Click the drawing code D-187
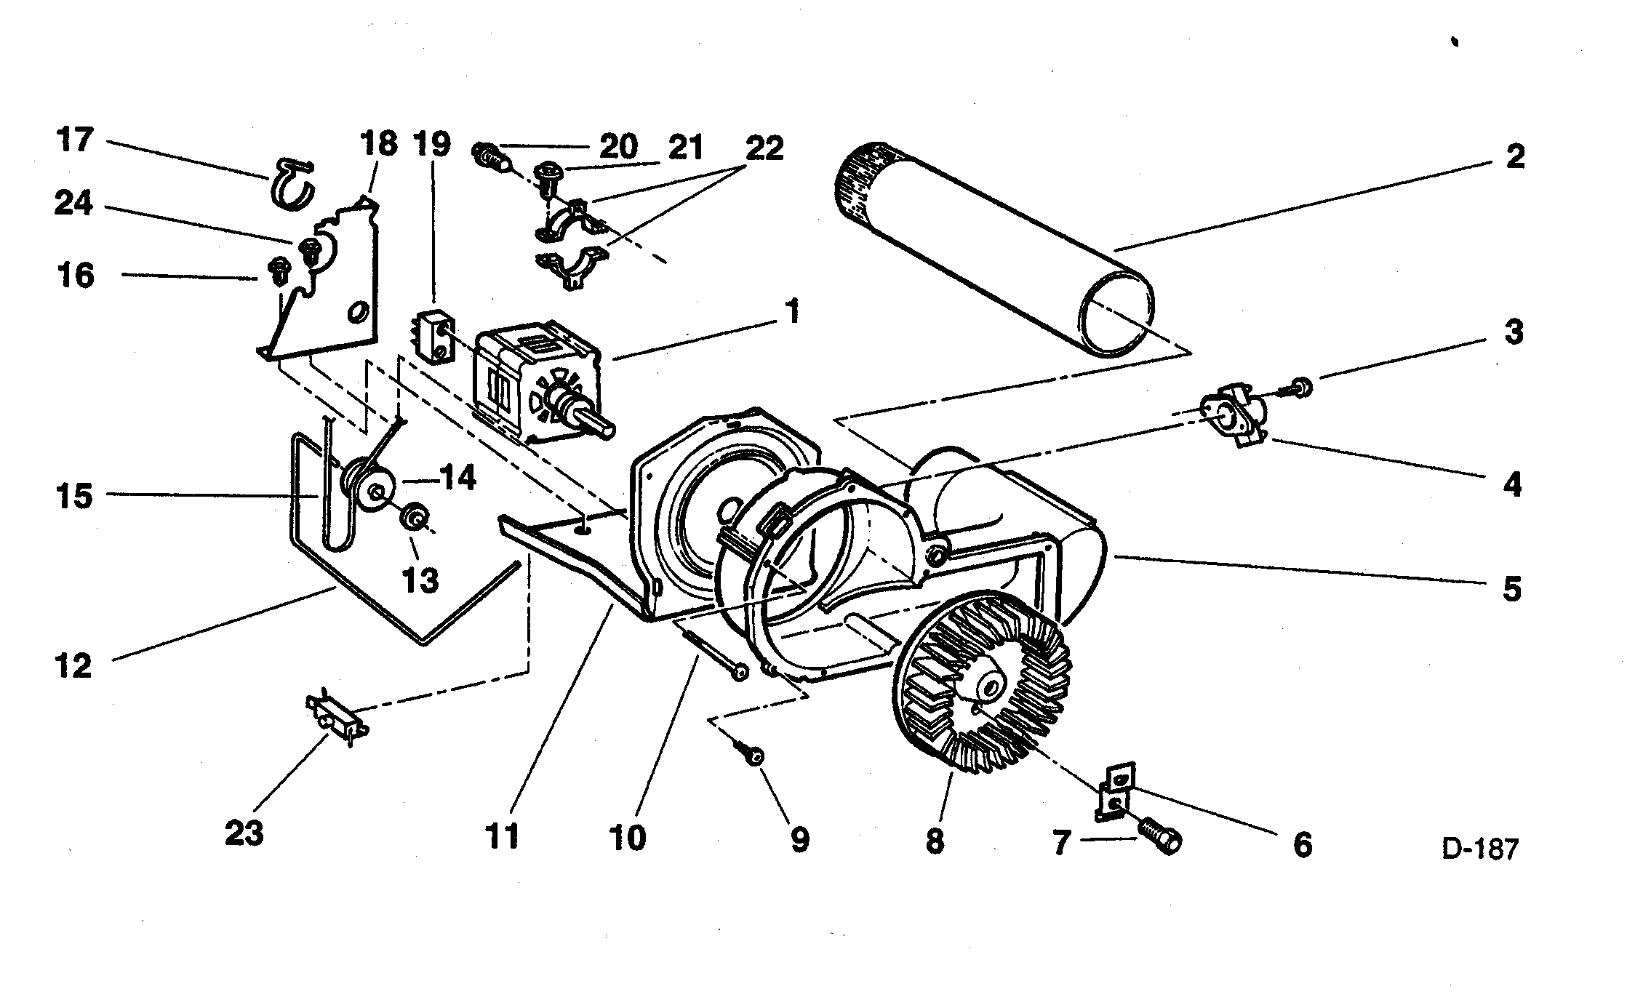click(1481, 849)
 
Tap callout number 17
click(75, 140)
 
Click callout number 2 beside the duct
click(1514, 156)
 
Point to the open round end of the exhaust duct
click(1116, 313)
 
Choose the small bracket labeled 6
click(1114, 791)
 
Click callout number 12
click(73, 665)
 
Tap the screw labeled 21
click(547, 175)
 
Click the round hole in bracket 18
click(357, 313)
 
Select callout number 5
click(1511, 588)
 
